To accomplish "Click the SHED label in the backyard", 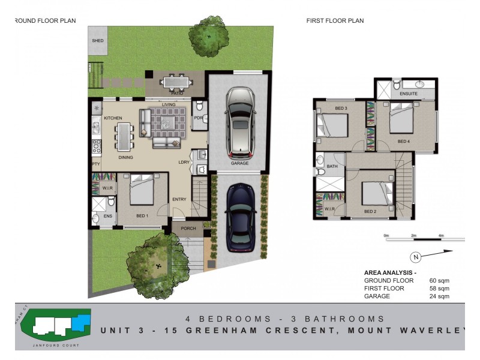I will (97, 41).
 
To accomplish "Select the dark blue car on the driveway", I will (242, 217).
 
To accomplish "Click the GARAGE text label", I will (239, 163).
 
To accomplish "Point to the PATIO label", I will (176, 94).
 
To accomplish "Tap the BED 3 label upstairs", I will (341, 108).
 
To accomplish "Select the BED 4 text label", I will (403, 142).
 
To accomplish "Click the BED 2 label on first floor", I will (370, 212).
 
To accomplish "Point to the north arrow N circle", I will (415, 257).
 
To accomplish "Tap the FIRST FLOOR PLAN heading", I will (335, 21).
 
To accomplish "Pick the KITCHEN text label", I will (113, 118).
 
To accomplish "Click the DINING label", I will (125, 158).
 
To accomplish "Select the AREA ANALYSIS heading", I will (391, 273).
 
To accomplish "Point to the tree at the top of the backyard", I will (209, 35).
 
